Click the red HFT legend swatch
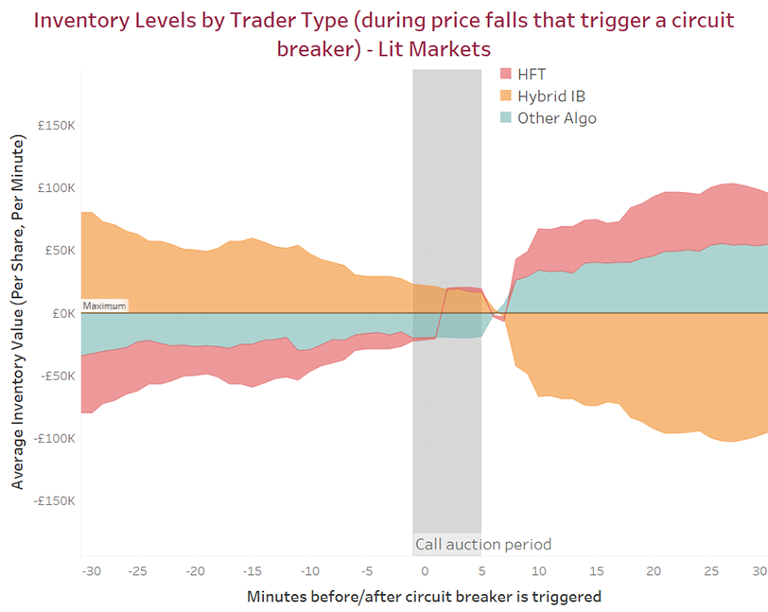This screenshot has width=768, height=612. point(505,74)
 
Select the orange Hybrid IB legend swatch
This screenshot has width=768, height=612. point(505,96)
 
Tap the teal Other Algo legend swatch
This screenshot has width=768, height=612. point(505,118)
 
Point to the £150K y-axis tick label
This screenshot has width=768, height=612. point(57,125)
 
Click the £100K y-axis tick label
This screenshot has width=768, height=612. point(57,187)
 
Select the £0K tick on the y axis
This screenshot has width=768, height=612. point(63,313)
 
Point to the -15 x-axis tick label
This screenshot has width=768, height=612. point(252,571)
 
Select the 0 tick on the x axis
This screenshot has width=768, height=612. point(424,571)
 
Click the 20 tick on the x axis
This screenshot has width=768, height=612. point(653,571)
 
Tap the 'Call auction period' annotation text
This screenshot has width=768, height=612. point(482,544)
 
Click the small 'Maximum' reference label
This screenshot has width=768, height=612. point(103,306)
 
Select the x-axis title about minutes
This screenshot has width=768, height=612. point(424,596)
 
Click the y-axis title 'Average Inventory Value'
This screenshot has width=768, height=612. point(18,312)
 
